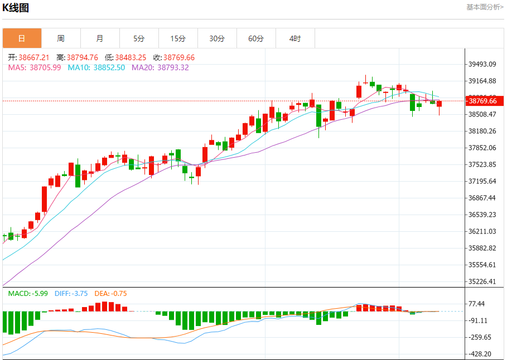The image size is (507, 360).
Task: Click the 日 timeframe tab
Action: pos(22,38)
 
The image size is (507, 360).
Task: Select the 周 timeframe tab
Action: pos(61,38)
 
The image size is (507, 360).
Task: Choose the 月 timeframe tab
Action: pos(100,38)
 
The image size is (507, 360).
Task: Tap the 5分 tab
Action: pos(139,38)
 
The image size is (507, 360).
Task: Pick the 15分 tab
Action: pos(178,38)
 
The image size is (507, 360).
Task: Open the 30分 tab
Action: pos(217,38)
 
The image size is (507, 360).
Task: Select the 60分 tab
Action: pos(256,38)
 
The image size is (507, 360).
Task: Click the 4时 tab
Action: pos(295,38)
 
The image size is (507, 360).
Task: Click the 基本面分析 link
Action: pos(485,7)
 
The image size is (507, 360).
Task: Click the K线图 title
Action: pos(16,8)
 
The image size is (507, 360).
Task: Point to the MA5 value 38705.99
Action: pos(45,67)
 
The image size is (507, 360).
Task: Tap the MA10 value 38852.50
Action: pos(109,67)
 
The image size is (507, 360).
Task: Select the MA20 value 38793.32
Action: pos(173,67)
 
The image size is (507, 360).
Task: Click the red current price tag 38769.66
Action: pos(483,101)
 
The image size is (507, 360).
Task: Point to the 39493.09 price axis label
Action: pos(483,64)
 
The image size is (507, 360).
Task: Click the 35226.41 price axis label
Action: pos(483,281)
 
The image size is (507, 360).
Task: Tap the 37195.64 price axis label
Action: pos(483,181)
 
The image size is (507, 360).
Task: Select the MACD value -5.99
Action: pos(39,293)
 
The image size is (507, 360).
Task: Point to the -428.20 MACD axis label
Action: pos(480,354)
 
